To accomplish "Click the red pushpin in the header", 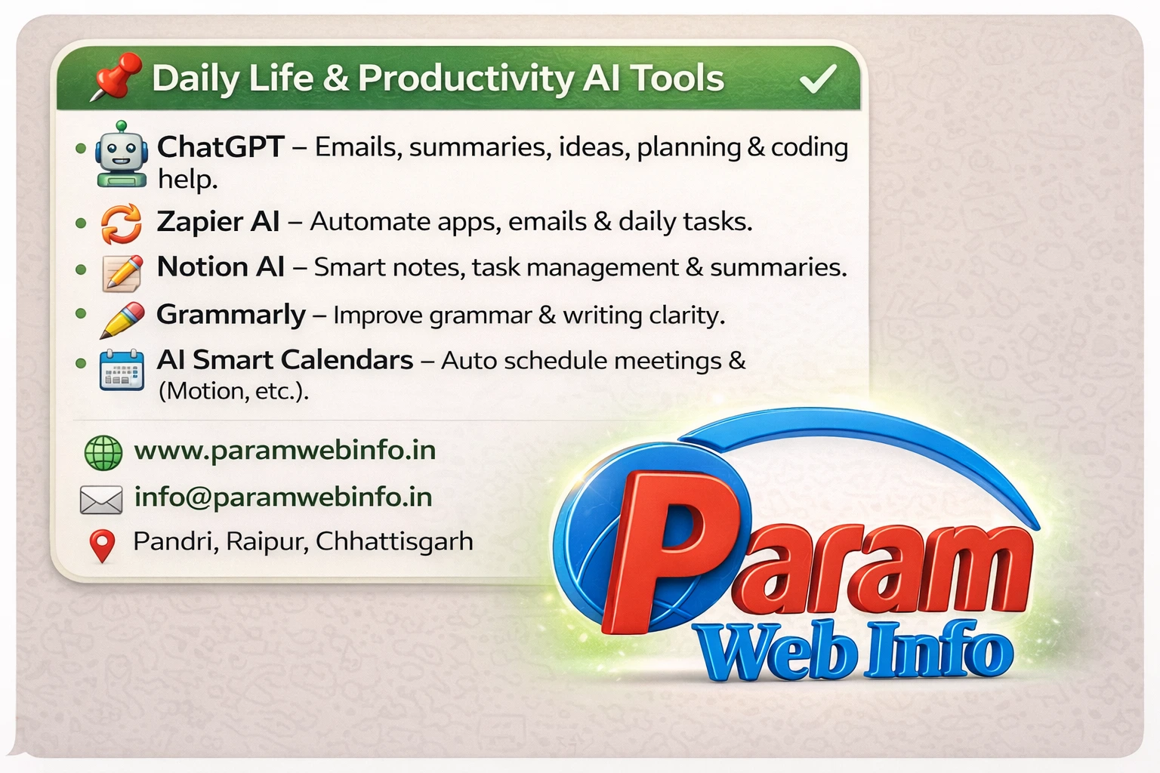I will pyautogui.click(x=117, y=75).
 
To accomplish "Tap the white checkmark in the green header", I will pyautogui.click(x=817, y=78).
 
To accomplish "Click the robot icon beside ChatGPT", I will pyautogui.click(x=121, y=155).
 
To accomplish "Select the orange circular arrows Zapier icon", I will pyautogui.click(x=121, y=224).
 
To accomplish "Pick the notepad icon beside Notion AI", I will pyautogui.click(x=122, y=273).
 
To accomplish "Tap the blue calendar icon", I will pyautogui.click(x=122, y=369).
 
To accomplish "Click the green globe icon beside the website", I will pyautogui.click(x=103, y=452).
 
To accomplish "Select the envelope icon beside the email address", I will pyautogui.click(x=101, y=499).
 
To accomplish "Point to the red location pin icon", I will pyautogui.click(x=103, y=544).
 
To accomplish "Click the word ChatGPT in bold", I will pyautogui.click(x=221, y=146).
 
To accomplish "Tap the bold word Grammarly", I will pyautogui.click(x=231, y=314).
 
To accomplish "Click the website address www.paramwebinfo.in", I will pyautogui.click(x=285, y=451).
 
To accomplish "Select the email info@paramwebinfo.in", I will pyautogui.click(x=283, y=497).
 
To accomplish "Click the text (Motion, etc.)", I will pyautogui.click(x=233, y=391).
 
